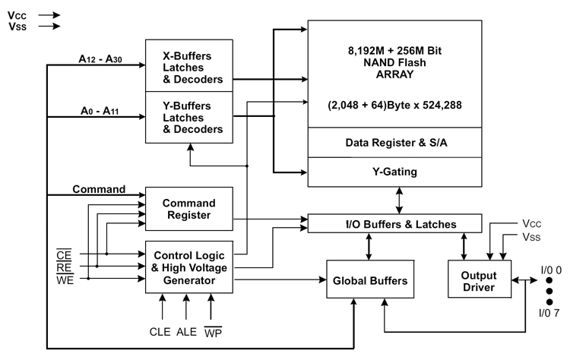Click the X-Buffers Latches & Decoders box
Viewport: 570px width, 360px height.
(x=189, y=66)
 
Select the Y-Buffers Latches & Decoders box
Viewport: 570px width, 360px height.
(x=189, y=117)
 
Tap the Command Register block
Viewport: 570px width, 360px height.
(x=189, y=209)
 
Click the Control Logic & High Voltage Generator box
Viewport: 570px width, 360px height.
(x=189, y=267)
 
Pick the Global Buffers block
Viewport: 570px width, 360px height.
(x=370, y=279)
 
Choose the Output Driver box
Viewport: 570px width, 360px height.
(x=480, y=279)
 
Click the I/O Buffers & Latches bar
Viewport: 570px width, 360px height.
(x=394, y=223)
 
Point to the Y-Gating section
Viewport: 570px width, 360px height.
(x=394, y=172)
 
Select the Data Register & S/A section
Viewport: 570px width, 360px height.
(x=394, y=142)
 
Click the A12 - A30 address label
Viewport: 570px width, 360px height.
(x=100, y=58)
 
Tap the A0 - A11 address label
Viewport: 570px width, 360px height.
(x=100, y=111)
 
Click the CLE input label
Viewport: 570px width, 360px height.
(x=160, y=332)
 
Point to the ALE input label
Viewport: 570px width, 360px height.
(x=186, y=332)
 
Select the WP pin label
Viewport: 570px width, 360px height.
(x=213, y=332)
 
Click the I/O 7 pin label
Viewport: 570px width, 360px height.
(x=549, y=313)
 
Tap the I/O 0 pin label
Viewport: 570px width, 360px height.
(x=551, y=270)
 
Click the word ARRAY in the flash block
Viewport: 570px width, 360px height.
(x=394, y=74)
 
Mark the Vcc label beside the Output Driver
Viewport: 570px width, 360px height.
(x=532, y=223)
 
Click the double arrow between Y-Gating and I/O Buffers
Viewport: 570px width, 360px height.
(x=399, y=201)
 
